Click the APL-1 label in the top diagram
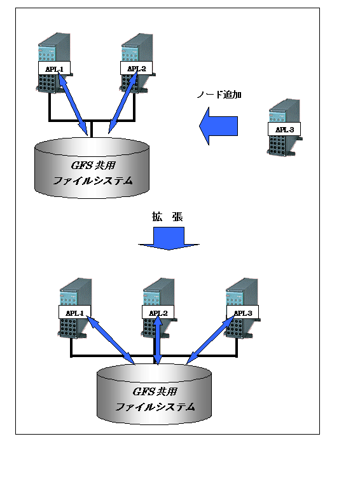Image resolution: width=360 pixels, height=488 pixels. [x=54, y=68]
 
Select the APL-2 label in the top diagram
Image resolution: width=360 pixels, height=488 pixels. [x=136, y=68]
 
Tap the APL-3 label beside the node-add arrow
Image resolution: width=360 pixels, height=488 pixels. [x=284, y=129]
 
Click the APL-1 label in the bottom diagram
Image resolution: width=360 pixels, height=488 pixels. [x=75, y=313]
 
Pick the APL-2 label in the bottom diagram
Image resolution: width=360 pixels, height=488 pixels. [x=158, y=313]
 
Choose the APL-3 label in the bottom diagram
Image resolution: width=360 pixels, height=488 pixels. [x=242, y=313]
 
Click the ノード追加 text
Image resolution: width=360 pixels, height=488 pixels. [x=219, y=95]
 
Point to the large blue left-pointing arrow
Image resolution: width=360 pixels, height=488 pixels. [x=218, y=126]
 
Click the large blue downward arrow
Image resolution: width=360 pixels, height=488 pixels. [x=169, y=238]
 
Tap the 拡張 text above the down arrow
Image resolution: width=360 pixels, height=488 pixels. [x=167, y=217]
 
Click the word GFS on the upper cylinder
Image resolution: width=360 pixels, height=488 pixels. [x=81, y=165]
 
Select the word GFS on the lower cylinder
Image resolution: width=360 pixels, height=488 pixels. [x=143, y=391]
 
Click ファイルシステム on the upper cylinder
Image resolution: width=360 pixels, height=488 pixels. [x=93, y=180]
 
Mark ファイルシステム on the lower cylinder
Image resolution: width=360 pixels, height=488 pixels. [x=155, y=407]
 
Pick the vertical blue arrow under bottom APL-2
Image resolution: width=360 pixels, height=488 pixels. [x=158, y=340]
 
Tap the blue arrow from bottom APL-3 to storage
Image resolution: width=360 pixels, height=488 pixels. [x=211, y=340]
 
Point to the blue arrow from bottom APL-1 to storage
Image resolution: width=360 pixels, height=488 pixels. [x=110, y=340]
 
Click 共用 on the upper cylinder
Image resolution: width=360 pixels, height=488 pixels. [x=105, y=165]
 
